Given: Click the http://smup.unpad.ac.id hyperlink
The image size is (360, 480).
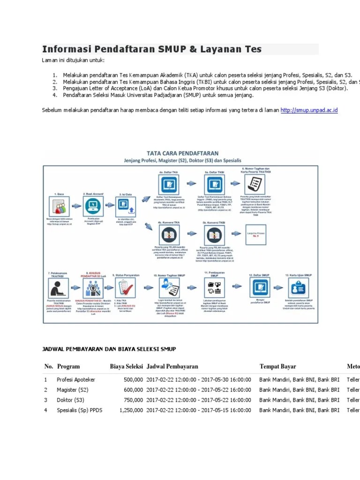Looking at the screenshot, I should pyautogui.click(x=309, y=110).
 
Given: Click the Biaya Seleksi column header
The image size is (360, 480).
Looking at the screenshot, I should pyautogui.click(x=127, y=367).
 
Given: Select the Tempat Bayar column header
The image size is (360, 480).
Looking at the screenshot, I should pyautogui.click(x=278, y=367).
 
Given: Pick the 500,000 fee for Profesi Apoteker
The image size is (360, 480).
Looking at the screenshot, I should pyautogui.click(x=133, y=380).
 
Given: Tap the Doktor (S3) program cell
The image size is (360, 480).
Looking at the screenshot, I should pyautogui.click(x=71, y=400).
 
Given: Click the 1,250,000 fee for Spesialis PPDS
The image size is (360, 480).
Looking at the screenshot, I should pyautogui.click(x=131, y=410).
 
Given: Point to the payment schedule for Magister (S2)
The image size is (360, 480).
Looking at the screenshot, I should pyautogui.click(x=199, y=390).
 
